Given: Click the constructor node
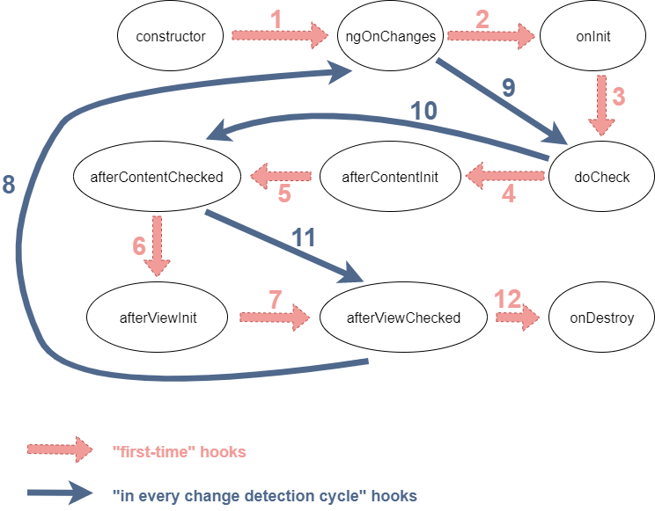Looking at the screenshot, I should pos(171,37).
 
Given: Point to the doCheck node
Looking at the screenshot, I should pos(601,176).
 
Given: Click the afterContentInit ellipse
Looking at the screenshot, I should pos(389,177).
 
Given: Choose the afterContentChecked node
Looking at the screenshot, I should pos(157,177).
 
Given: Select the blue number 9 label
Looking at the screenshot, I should pos(509,88).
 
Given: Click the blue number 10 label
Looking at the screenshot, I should pos(424,112).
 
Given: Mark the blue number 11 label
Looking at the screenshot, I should pos(303,237).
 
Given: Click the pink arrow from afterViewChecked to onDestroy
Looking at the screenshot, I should pos(515,317).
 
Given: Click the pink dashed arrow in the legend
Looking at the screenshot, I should pos(59,449).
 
